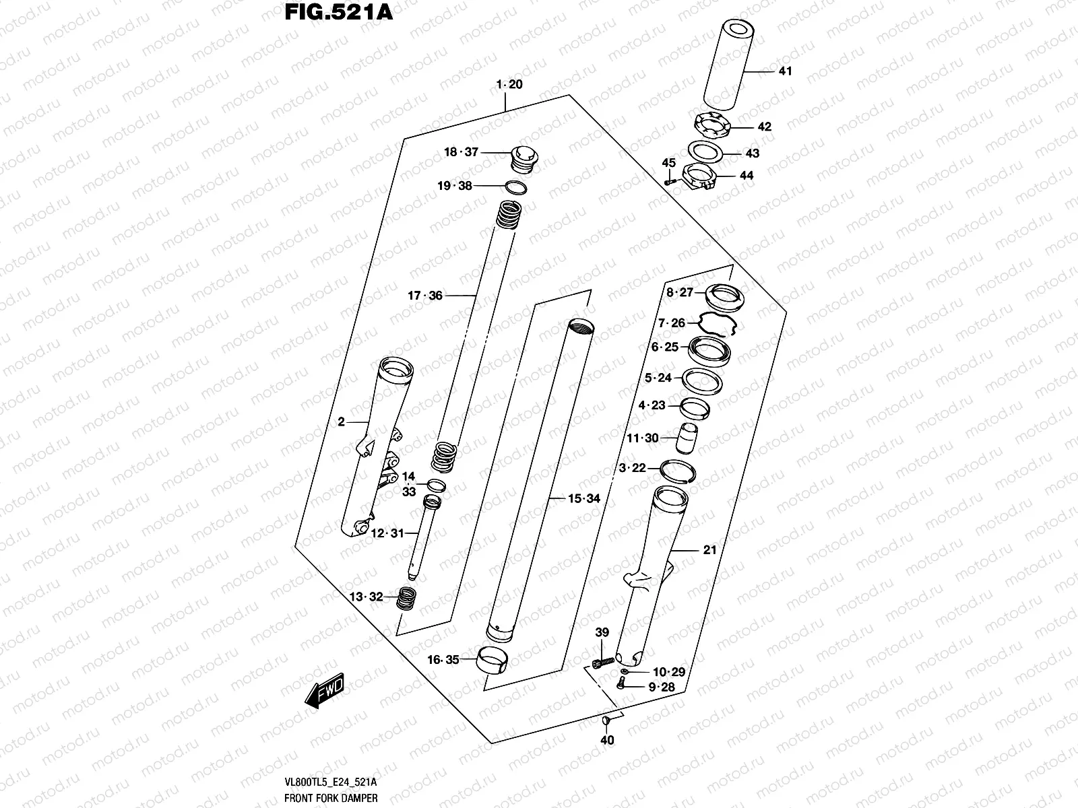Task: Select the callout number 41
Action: tap(785, 71)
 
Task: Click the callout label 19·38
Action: tap(455, 186)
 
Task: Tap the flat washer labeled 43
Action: tap(705, 150)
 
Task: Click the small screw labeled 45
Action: tap(668, 180)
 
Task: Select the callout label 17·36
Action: tap(425, 295)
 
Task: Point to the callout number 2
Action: tap(341, 422)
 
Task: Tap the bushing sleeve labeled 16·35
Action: tap(493, 659)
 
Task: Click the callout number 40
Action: tap(606, 741)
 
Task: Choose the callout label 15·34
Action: tap(583, 499)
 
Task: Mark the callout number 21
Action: tap(709, 550)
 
